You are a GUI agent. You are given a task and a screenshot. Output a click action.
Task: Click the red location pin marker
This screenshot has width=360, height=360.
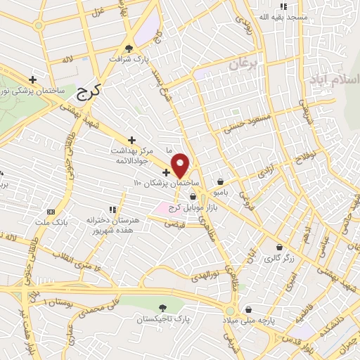tap(181, 165)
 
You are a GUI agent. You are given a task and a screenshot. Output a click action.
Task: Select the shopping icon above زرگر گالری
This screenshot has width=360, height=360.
tap(281, 247)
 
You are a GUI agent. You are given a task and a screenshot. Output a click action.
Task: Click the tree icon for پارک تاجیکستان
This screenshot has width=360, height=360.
tap(163, 308)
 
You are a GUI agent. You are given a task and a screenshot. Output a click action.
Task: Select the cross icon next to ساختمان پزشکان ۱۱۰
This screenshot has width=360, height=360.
tap(166, 172)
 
